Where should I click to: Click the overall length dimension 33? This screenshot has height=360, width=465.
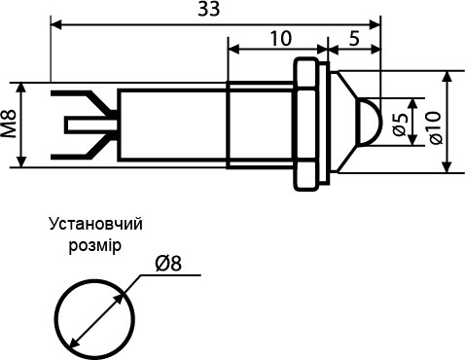208,10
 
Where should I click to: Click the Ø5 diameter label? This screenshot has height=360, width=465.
400,124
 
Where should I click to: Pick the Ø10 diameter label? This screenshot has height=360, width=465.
434,124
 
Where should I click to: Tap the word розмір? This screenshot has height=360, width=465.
95,244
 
